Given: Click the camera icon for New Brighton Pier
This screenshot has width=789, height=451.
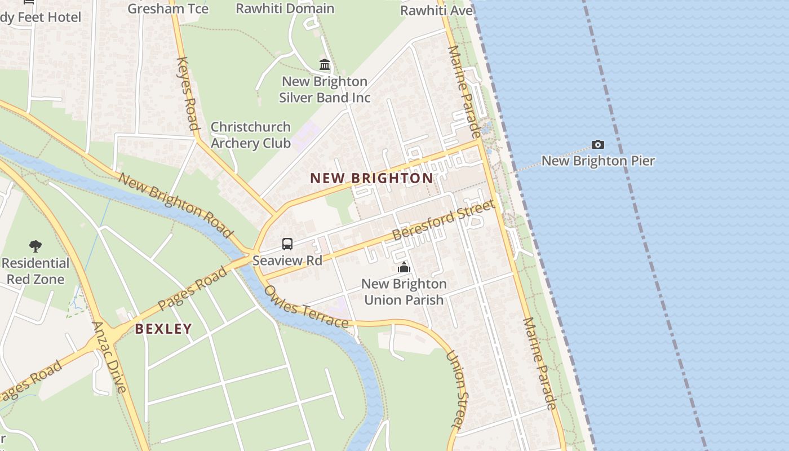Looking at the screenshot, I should [598, 145].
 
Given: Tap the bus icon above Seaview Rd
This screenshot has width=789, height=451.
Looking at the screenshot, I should [287, 244].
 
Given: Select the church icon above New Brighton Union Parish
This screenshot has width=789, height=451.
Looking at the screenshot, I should [404, 267].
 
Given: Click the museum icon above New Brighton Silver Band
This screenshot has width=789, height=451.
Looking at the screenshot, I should [325, 65].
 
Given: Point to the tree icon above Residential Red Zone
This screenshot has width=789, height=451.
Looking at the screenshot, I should [36, 246].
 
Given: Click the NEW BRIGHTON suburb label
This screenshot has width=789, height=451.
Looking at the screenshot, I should [372, 178].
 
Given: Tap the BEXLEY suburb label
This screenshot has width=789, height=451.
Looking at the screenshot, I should [163, 329].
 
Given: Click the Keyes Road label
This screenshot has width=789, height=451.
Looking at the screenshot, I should [188, 93].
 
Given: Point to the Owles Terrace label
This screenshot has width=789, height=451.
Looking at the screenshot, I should [306, 307].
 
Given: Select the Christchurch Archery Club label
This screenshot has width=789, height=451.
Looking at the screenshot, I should [251, 135].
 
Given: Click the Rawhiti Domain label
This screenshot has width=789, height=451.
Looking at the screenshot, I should [285, 8].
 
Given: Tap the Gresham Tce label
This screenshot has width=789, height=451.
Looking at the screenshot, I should [168, 8].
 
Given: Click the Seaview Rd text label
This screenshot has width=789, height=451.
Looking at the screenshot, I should [287, 260].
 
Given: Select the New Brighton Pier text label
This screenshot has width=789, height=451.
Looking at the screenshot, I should [598, 161].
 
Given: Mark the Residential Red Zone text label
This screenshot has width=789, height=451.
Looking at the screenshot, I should [36, 271].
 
